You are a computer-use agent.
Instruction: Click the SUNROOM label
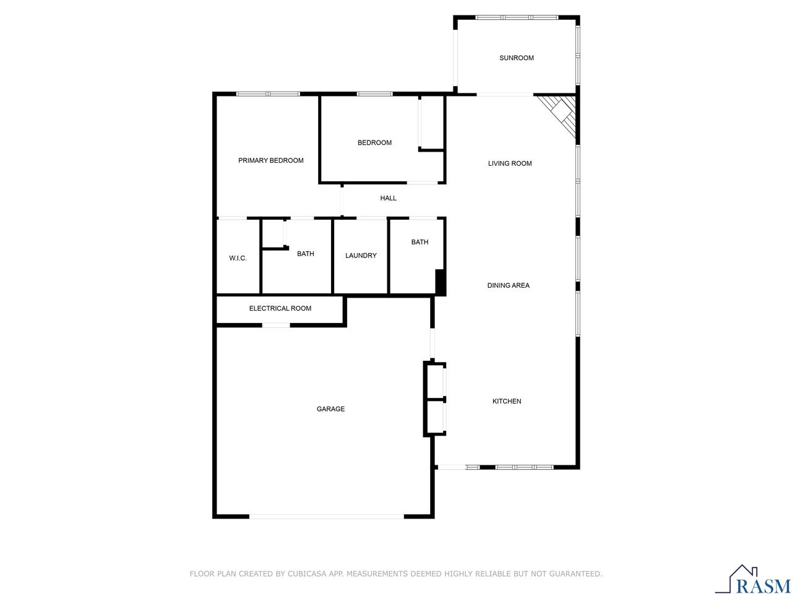pyautogui.click(x=516, y=58)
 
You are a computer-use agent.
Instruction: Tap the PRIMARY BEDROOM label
pyautogui.click(x=270, y=161)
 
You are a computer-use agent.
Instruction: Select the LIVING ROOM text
pyautogui.click(x=509, y=164)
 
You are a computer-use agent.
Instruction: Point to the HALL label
pyautogui.click(x=388, y=199)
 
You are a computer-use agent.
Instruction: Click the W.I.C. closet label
pyautogui.click(x=238, y=259)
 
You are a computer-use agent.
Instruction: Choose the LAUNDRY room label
pyautogui.click(x=361, y=256)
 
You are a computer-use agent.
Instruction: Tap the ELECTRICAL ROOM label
pyautogui.click(x=280, y=309)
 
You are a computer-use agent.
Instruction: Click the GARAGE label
pyautogui.click(x=330, y=409)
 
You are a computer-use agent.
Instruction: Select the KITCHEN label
pyautogui.click(x=506, y=402)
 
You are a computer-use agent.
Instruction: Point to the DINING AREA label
pyautogui.click(x=508, y=286)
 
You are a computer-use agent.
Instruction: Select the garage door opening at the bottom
pyautogui.click(x=327, y=515)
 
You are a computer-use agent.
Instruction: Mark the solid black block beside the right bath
pyautogui.click(x=441, y=282)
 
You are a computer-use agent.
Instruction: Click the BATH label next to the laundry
pyautogui.click(x=420, y=243)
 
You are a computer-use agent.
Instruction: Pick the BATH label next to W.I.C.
pyautogui.click(x=305, y=254)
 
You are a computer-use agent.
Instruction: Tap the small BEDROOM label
pyautogui.click(x=374, y=143)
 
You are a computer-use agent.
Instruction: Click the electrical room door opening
pyautogui.click(x=276, y=325)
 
